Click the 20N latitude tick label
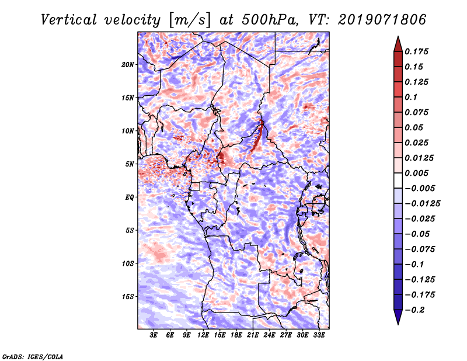pos(128,64)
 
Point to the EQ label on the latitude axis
pos(130,197)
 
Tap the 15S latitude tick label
pos(128,297)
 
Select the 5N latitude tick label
pos(130,164)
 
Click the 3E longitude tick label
pos(154,335)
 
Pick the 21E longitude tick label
pos(253,335)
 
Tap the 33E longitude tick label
pos(319,335)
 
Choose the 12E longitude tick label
pos(204,335)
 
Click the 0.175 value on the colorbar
pos(418,51)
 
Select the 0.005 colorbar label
pos(418,173)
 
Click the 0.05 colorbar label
pos(416,127)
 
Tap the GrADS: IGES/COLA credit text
pos(32,356)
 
